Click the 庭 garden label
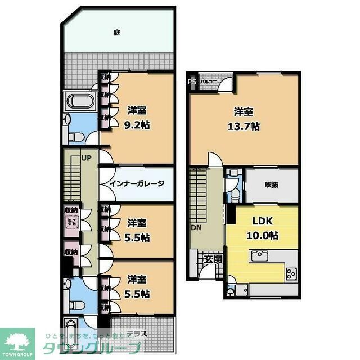(116, 33)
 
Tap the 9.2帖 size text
(137, 123)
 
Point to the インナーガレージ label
(136, 184)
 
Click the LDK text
(262, 221)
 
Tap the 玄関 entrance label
(213, 259)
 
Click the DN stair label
(195, 228)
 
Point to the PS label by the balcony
(192, 82)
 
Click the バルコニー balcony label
(210, 82)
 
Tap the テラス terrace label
(137, 332)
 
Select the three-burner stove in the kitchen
(291, 274)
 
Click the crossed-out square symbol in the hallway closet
(71, 220)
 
